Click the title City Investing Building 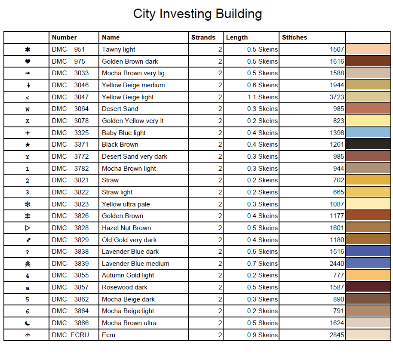197,14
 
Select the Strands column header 203,37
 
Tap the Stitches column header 295,37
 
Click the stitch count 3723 337,97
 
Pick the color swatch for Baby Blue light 368,133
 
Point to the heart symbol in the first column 28,62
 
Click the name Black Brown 120,145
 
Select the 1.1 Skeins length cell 262,97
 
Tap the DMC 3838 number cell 70,252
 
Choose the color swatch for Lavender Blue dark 368,252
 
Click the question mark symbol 28,252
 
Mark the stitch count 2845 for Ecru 337,335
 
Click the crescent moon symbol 28,323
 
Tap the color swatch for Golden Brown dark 368,62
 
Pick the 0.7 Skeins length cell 262,264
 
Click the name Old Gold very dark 129,240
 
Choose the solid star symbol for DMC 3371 28,145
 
